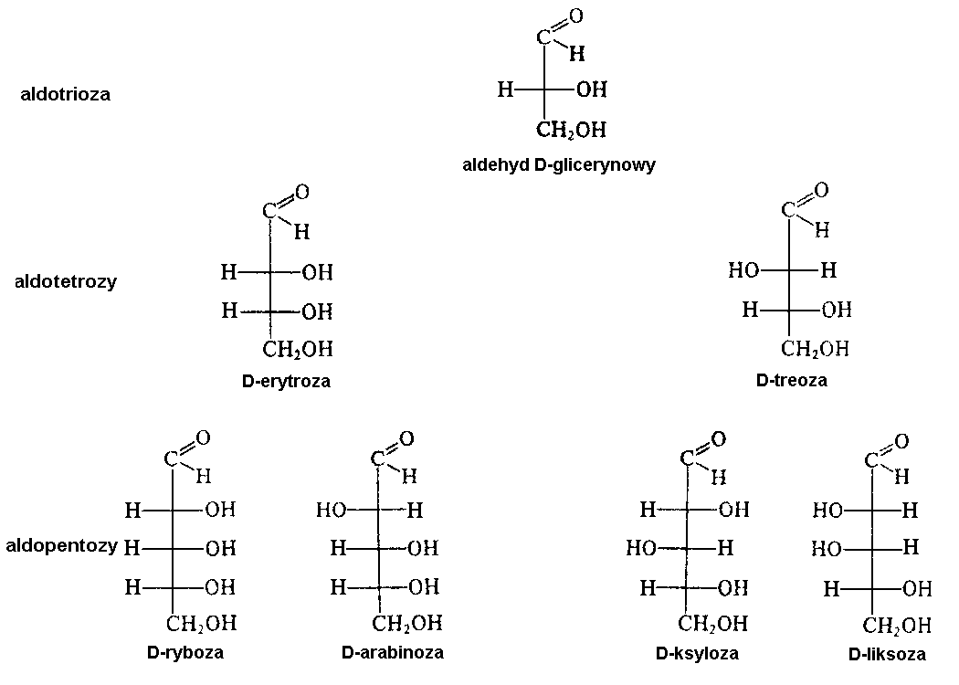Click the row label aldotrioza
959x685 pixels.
pos(66,94)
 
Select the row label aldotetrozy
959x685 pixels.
pos(66,281)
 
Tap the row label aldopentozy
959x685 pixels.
pos(61,546)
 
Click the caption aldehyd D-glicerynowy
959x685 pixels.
pos(559,165)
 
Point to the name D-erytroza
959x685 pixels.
pos(287,382)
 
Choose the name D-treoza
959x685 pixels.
pos(792,380)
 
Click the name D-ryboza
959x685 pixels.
pos(184,652)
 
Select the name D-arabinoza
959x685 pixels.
pos(393,652)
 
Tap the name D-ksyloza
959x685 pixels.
pos(697,653)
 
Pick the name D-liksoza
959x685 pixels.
pos(886,654)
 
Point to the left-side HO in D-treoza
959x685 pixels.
pos(745,270)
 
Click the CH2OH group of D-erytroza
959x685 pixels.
pos(299,349)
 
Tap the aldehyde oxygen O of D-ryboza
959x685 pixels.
pos(203,438)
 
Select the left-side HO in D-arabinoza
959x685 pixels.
pos(331,510)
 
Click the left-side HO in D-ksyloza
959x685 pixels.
pos(642,548)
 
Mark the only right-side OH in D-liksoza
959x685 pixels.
pos(916,589)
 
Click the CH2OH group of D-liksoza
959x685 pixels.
pos(897,626)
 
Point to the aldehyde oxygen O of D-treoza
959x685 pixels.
pos(821,190)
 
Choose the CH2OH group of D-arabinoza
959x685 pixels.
pos(407,623)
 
